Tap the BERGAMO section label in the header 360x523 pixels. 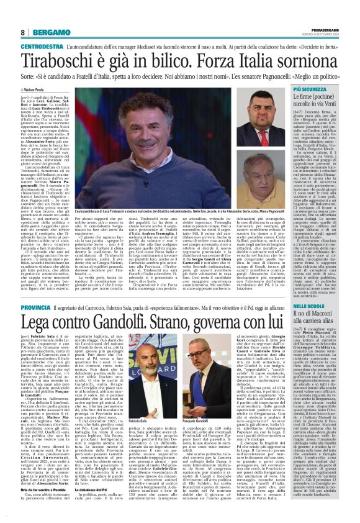(x=47, y=32)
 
